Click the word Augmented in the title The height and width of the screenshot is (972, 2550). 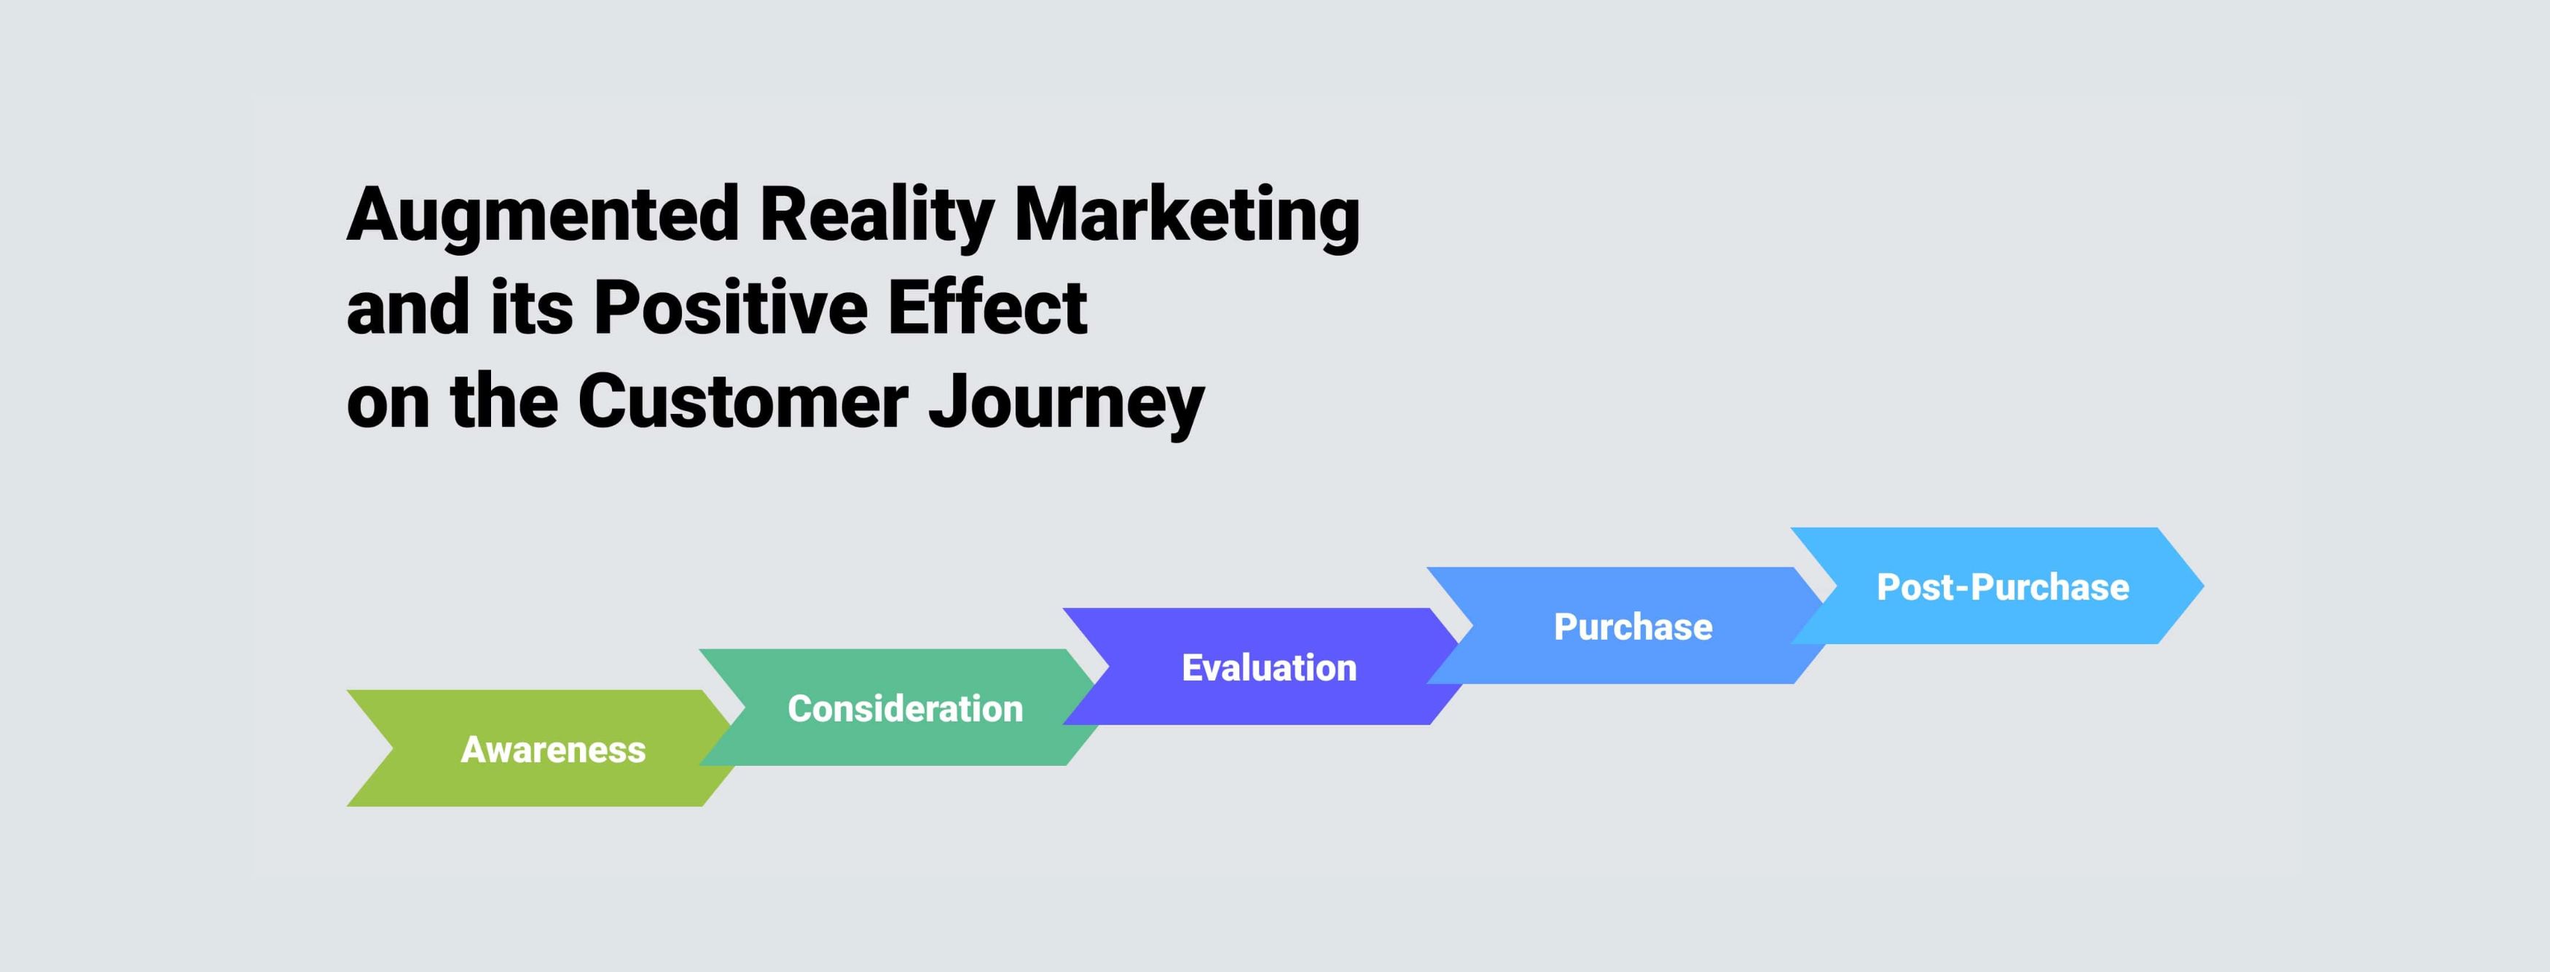pyautogui.click(x=543, y=215)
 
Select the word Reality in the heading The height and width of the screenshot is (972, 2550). pyautogui.click(x=876, y=215)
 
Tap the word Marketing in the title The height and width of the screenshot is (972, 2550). pyautogui.click(x=1187, y=215)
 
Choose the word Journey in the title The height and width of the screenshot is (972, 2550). pyautogui.click(x=1066, y=404)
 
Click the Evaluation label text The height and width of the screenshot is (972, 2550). pyautogui.click(x=1269, y=667)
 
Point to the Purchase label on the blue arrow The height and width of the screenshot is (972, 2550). pyautogui.click(x=1632, y=627)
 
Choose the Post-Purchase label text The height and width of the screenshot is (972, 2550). pyautogui.click(x=2003, y=587)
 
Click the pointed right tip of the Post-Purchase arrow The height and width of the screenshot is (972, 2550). pyautogui.click(x=2202, y=586)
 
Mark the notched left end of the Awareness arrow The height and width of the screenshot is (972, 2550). pyautogui.click(x=394, y=748)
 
